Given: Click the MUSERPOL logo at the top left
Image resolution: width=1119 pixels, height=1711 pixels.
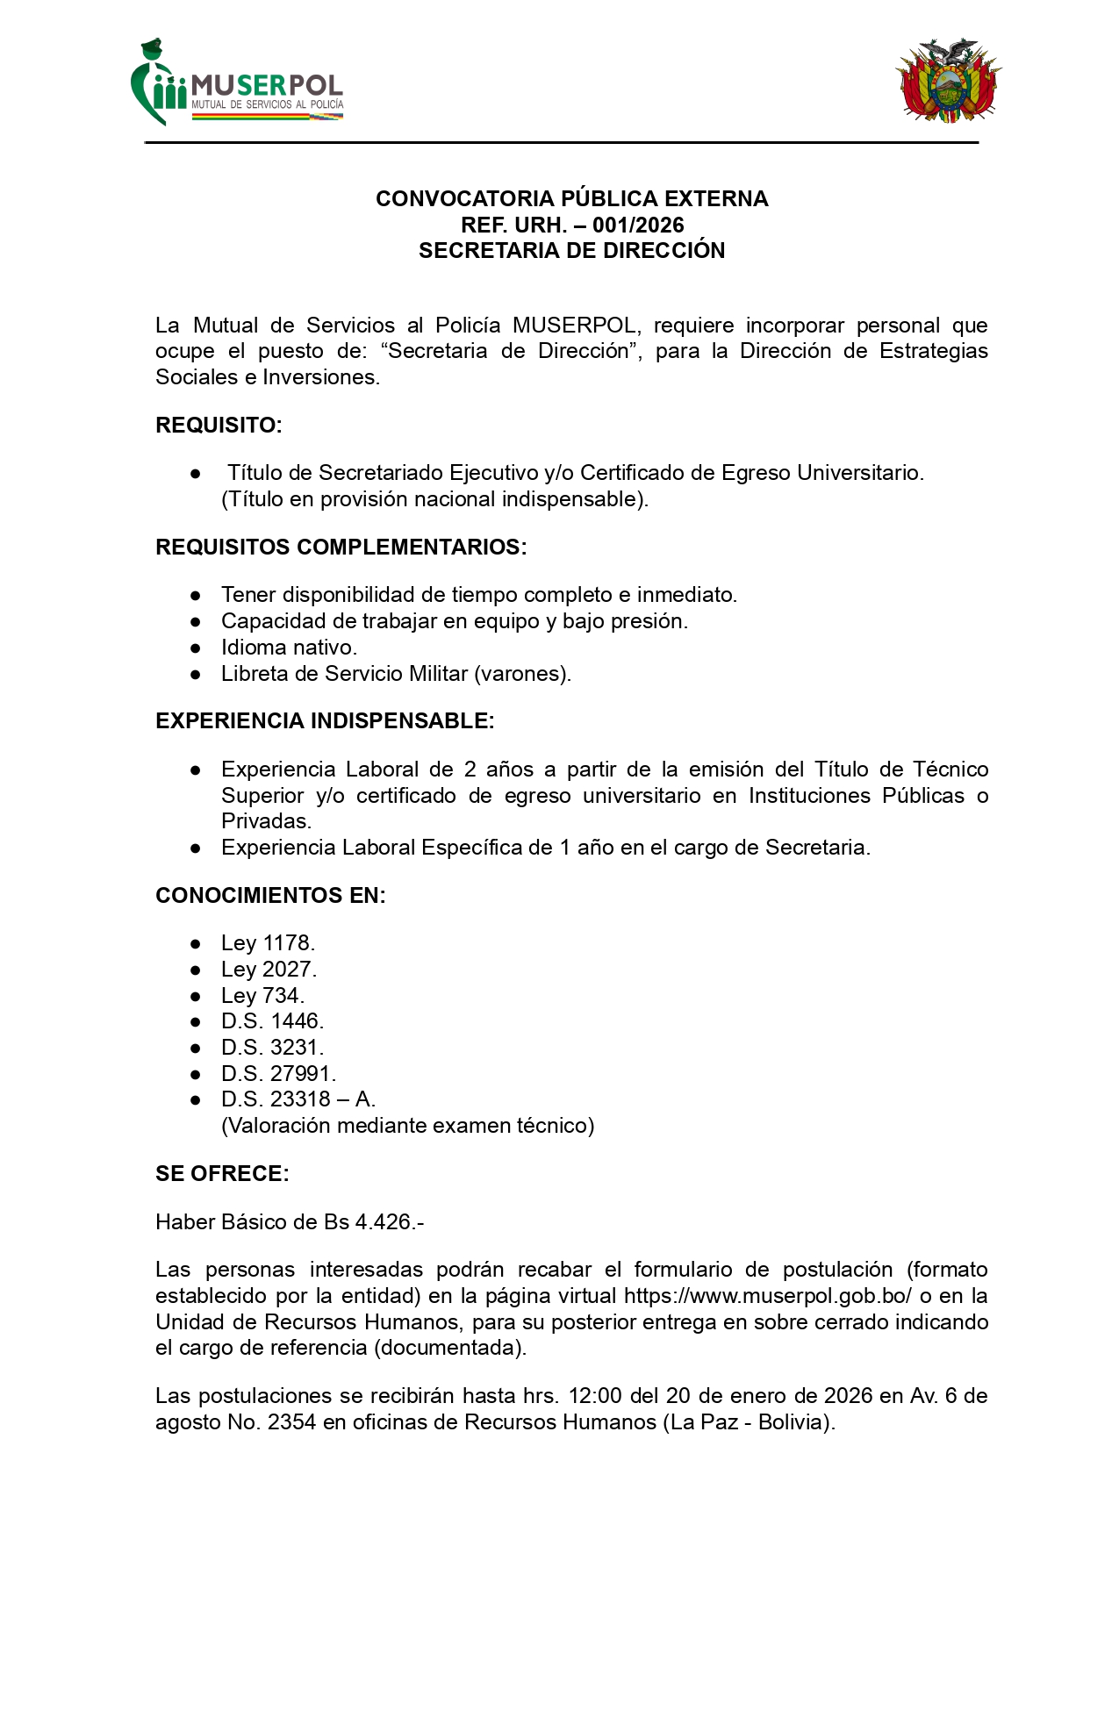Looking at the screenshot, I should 237,83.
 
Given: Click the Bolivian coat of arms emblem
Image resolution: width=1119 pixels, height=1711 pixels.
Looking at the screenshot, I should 948,81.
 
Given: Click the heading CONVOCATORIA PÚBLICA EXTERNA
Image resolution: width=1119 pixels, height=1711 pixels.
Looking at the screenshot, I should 571,198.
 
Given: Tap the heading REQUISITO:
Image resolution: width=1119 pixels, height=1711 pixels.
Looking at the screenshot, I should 219,425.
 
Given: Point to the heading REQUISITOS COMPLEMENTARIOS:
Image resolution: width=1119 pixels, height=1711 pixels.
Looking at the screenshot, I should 341,547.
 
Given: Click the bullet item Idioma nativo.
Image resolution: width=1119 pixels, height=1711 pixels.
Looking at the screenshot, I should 289,648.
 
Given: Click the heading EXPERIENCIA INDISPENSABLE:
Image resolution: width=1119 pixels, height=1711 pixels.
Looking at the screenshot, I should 325,721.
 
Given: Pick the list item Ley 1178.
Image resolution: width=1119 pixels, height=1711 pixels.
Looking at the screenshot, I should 268,943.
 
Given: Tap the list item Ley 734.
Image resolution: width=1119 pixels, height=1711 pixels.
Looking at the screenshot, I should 262,996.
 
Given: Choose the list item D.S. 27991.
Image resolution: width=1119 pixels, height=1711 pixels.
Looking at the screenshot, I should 278,1074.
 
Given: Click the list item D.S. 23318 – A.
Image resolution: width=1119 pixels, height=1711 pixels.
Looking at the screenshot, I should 298,1099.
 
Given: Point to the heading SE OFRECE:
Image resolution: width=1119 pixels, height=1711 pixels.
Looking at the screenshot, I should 222,1174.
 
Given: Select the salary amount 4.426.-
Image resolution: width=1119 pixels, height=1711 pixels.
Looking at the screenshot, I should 390,1222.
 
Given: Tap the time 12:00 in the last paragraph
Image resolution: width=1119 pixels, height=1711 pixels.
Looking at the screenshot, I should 594,1396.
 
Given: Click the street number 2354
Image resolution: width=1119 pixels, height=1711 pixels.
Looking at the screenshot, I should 291,1422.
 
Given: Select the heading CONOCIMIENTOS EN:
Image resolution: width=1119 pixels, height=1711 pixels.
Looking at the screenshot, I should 270,896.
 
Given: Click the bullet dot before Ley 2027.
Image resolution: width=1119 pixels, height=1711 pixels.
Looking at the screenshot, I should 196,970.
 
